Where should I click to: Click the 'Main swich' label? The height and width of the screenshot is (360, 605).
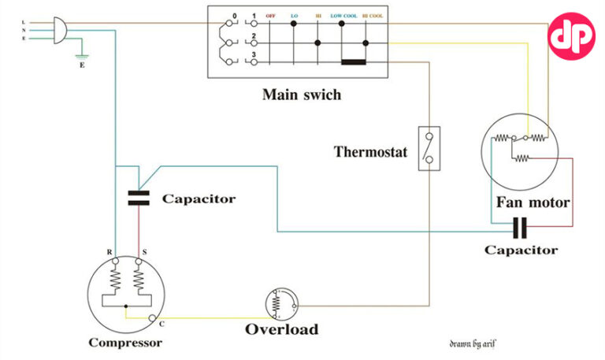click(x=302, y=95)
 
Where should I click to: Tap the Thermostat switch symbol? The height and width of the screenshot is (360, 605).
click(x=429, y=148)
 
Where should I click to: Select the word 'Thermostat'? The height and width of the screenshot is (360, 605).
click(x=370, y=151)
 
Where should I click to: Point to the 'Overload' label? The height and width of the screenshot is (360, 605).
click(x=282, y=329)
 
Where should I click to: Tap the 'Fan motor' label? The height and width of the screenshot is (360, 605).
click(x=533, y=202)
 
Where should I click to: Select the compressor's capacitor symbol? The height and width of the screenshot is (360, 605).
click(x=139, y=196)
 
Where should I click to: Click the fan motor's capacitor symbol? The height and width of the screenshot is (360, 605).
click(x=519, y=229)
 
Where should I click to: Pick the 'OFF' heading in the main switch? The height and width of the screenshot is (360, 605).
click(x=270, y=16)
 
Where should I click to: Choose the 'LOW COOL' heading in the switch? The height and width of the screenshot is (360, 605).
click(x=342, y=16)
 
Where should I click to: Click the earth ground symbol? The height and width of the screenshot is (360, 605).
click(x=80, y=56)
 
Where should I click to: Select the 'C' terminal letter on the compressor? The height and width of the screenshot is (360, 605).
click(x=161, y=323)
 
